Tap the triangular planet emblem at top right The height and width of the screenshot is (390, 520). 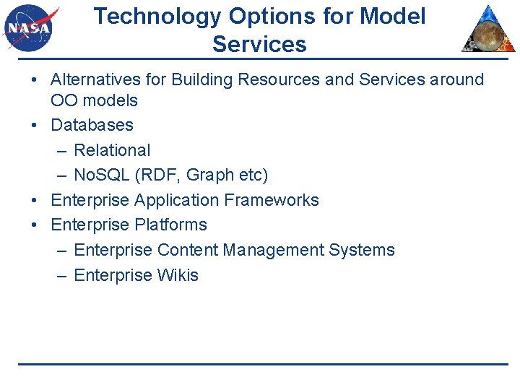click(490, 30)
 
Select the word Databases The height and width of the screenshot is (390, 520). click(92, 125)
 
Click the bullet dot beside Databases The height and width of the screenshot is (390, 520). click(35, 126)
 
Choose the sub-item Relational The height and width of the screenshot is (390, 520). click(112, 150)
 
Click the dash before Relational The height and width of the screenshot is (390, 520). click(61, 151)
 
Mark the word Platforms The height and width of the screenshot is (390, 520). click(170, 225)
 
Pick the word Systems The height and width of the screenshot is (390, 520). click(362, 250)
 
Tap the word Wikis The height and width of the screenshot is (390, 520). click(178, 275)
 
